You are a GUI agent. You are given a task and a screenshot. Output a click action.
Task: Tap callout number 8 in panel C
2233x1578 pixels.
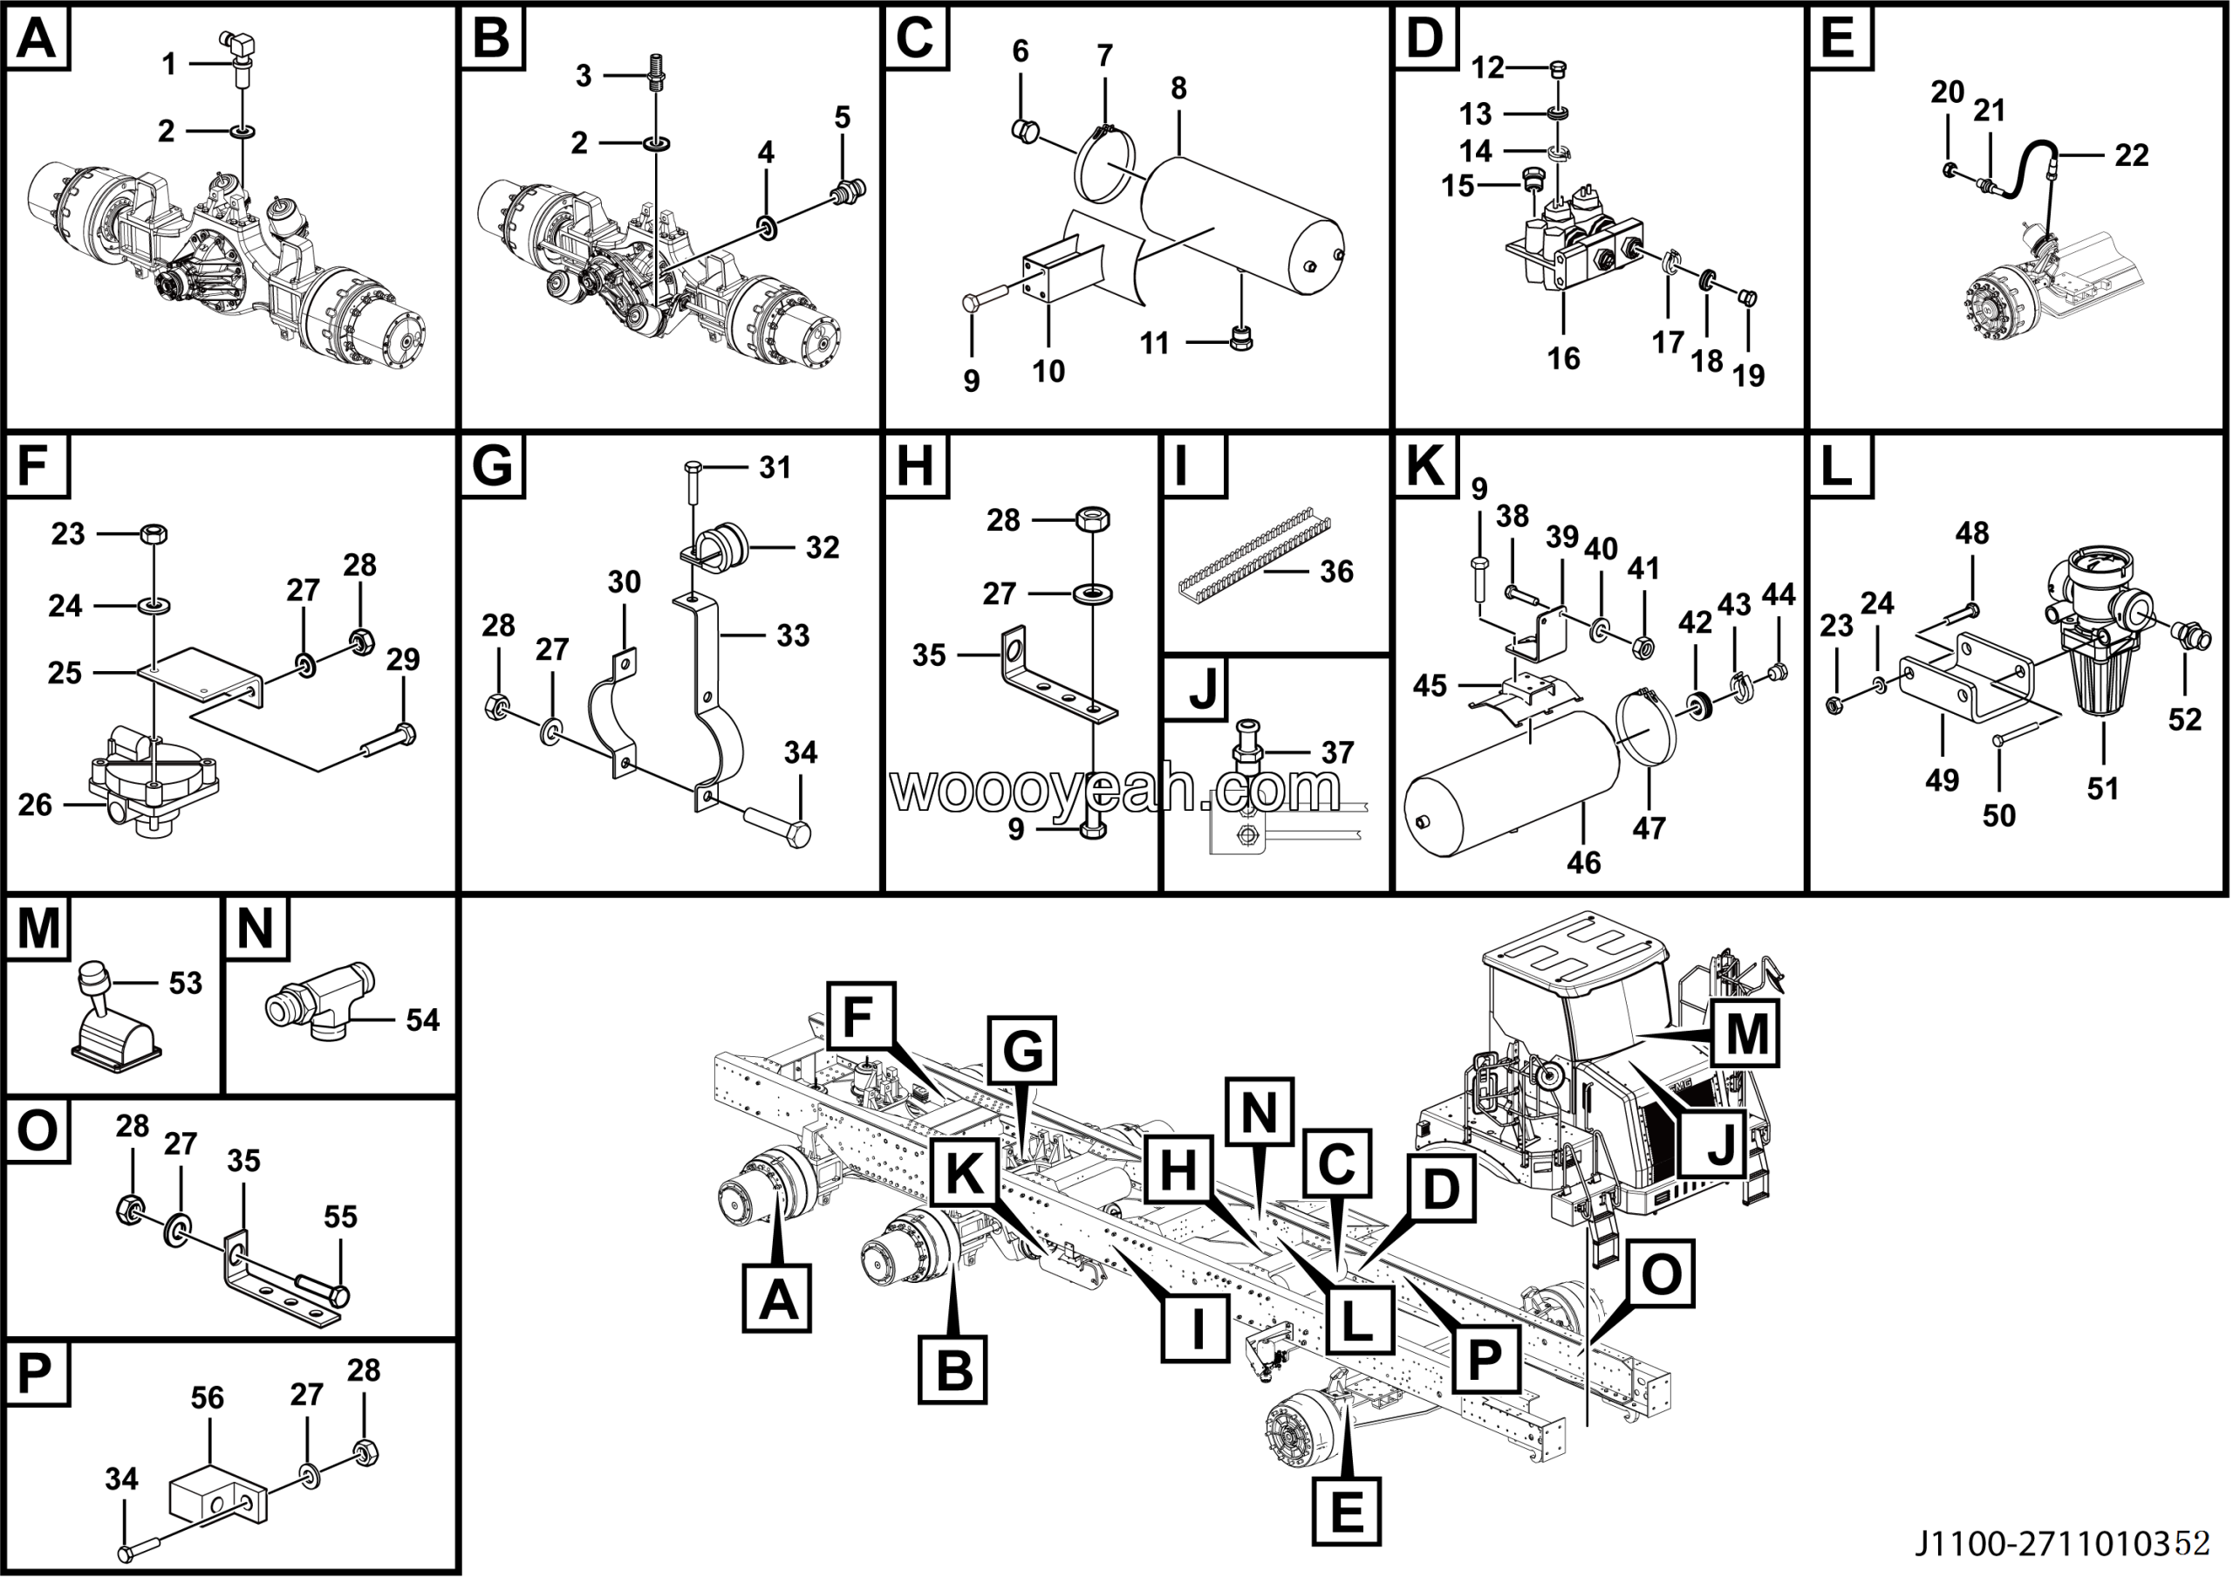[x=1178, y=88]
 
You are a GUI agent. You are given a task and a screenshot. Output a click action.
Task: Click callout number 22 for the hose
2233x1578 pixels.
[x=2131, y=154]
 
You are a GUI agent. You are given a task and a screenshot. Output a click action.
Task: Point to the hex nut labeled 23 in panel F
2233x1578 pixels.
[x=154, y=533]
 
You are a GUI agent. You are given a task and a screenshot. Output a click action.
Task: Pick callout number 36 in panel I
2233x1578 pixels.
[x=1336, y=571]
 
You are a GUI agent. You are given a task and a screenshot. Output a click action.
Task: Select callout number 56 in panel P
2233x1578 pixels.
[x=207, y=1398]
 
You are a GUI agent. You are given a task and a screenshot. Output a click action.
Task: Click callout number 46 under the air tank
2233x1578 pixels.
[x=1583, y=862]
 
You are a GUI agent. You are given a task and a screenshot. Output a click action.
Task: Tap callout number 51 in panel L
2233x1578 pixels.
[x=2103, y=788]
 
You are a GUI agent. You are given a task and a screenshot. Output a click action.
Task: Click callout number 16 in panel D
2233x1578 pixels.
[x=1563, y=359]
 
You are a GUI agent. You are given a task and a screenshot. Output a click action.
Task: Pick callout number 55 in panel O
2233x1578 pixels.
[x=340, y=1216]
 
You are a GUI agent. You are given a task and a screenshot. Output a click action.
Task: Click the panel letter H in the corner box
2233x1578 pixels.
[x=914, y=465]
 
